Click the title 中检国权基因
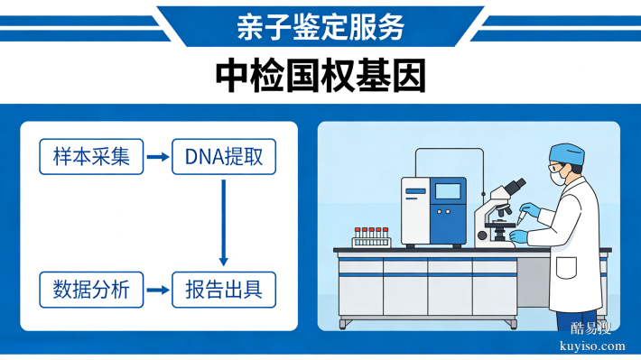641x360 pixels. [x=320, y=77]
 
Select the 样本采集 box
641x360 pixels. [x=91, y=157]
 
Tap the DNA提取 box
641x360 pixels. [x=224, y=157]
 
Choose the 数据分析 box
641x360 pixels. [x=91, y=290]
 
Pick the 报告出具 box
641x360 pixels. [x=224, y=290]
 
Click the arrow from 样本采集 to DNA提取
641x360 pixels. [x=158, y=157]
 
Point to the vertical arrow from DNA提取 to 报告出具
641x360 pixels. [x=224, y=221]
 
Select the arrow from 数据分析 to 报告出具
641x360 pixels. [x=158, y=290]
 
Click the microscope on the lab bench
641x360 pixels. [x=498, y=217]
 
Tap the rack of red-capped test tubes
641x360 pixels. [x=370, y=237]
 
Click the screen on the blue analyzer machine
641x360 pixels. [x=449, y=191]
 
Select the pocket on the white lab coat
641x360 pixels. [x=567, y=269]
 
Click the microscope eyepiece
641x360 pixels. [x=515, y=185]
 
